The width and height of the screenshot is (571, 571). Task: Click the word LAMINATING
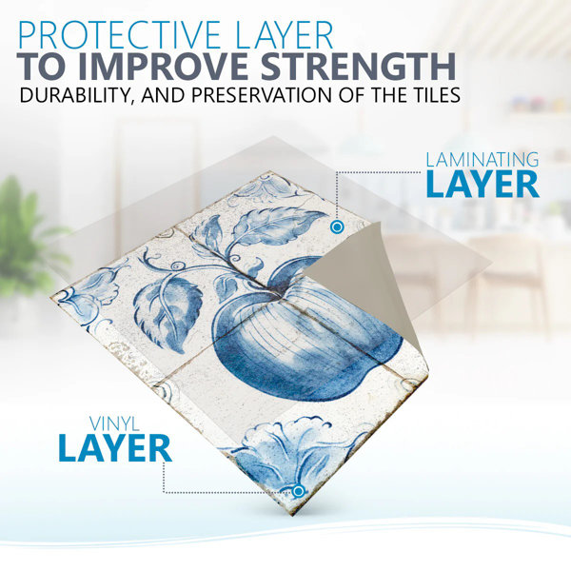[x=482, y=160]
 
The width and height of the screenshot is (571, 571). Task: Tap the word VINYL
[x=115, y=423]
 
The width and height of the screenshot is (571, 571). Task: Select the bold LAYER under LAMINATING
[x=482, y=185]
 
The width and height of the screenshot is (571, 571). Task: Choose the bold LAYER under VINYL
[x=115, y=448]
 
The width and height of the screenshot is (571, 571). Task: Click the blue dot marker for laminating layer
[x=337, y=227]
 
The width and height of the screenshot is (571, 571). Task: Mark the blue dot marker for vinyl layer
[x=298, y=492]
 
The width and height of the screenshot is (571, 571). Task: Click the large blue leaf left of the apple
[x=168, y=313]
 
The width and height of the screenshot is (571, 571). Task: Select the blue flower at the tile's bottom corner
[x=287, y=451]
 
